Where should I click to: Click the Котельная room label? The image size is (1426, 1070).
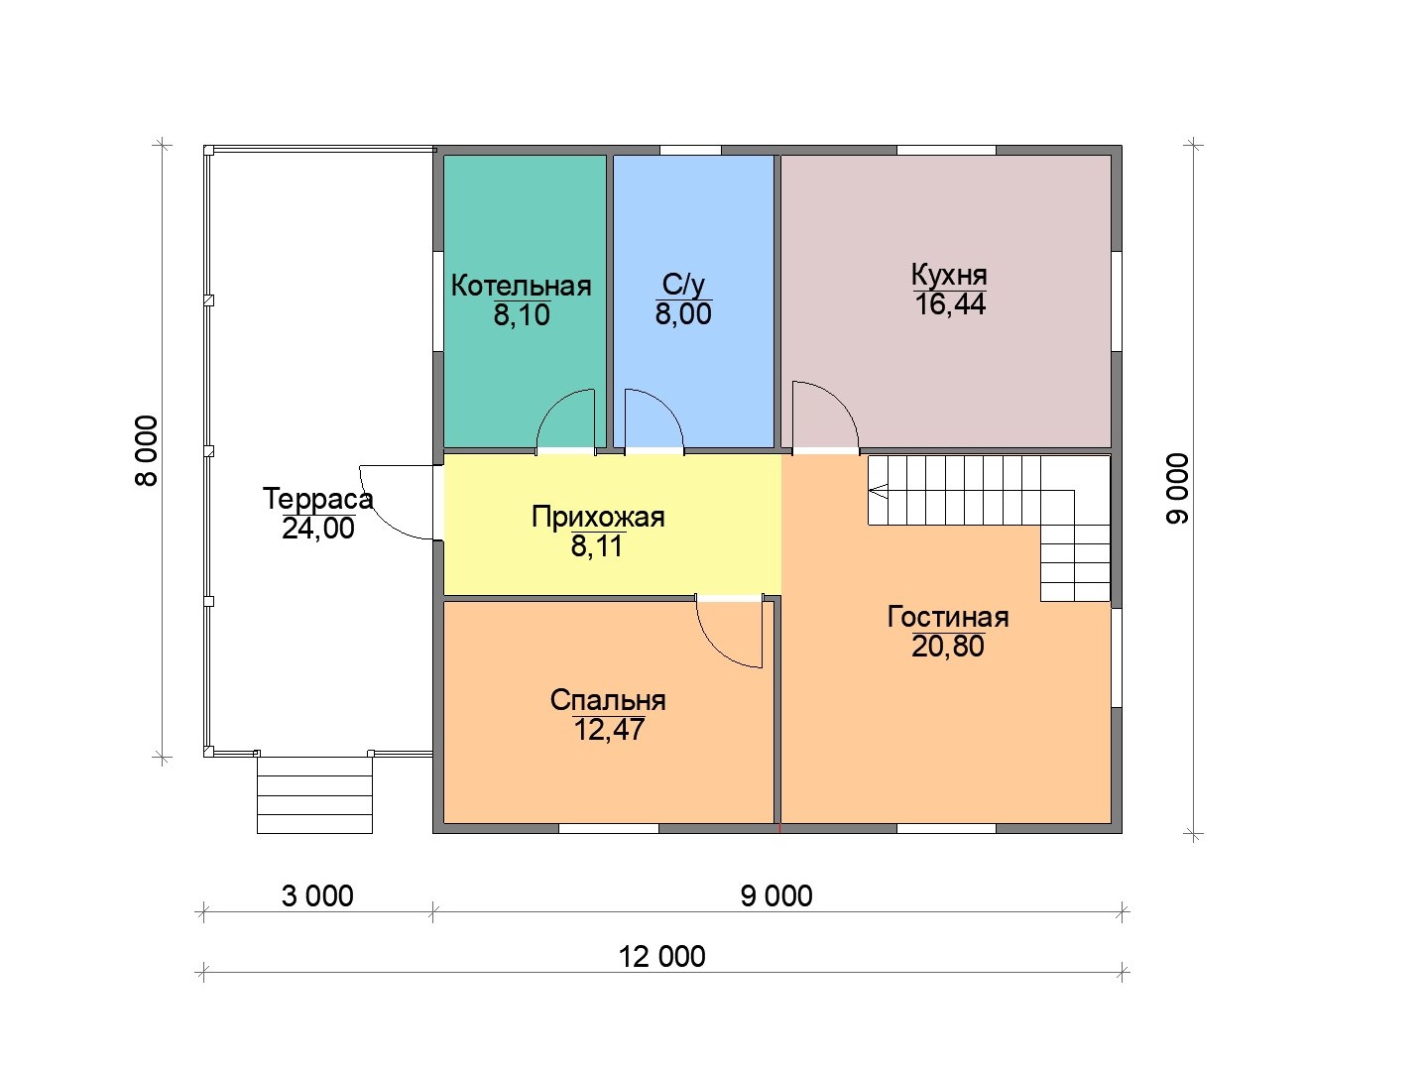point(521,286)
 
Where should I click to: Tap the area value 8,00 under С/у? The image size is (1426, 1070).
point(683,314)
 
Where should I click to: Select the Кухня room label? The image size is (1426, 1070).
point(949,276)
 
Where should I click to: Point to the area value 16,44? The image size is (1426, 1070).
point(950,304)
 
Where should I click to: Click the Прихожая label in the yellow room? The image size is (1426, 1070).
point(598,518)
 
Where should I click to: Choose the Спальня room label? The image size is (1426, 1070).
point(608,700)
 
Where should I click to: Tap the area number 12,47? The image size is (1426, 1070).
point(609,730)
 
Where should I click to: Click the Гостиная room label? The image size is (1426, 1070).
point(948,617)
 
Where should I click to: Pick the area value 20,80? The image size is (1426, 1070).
point(948,647)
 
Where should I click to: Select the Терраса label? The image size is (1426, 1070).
point(317,499)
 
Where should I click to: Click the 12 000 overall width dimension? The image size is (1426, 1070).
point(662,957)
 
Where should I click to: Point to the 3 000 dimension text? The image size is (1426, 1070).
point(317,895)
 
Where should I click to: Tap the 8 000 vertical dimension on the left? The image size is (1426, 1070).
point(147,451)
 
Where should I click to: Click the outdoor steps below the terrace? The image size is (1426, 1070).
point(314,795)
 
